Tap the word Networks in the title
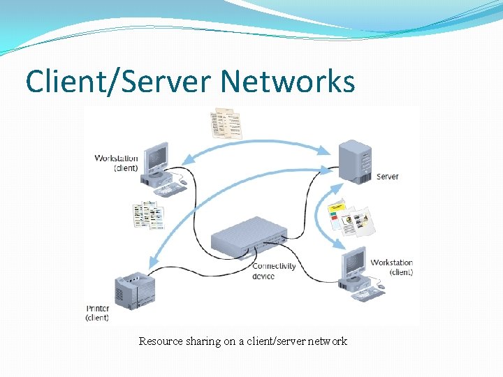pyautogui.click(x=288, y=82)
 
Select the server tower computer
pyautogui.click(x=354, y=161)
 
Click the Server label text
pyautogui.click(x=387, y=177)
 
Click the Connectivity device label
pyautogui.click(x=273, y=271)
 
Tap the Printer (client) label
pyautogui.click(x=97, y=313)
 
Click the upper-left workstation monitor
pyautogui.click(x=155, y=158)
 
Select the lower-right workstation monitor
pyautogui.click(x=353, y=263)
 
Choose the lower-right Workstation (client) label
pyautogui.click(x=391, y=267)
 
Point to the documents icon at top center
pyautogui.click(x=226, y=123)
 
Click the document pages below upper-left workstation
pyautogui.click(x=148, y=215)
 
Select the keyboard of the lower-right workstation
pyautogui.click(x=368, y=294)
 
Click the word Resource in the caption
pyautogui.click(x=160, y=341)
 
